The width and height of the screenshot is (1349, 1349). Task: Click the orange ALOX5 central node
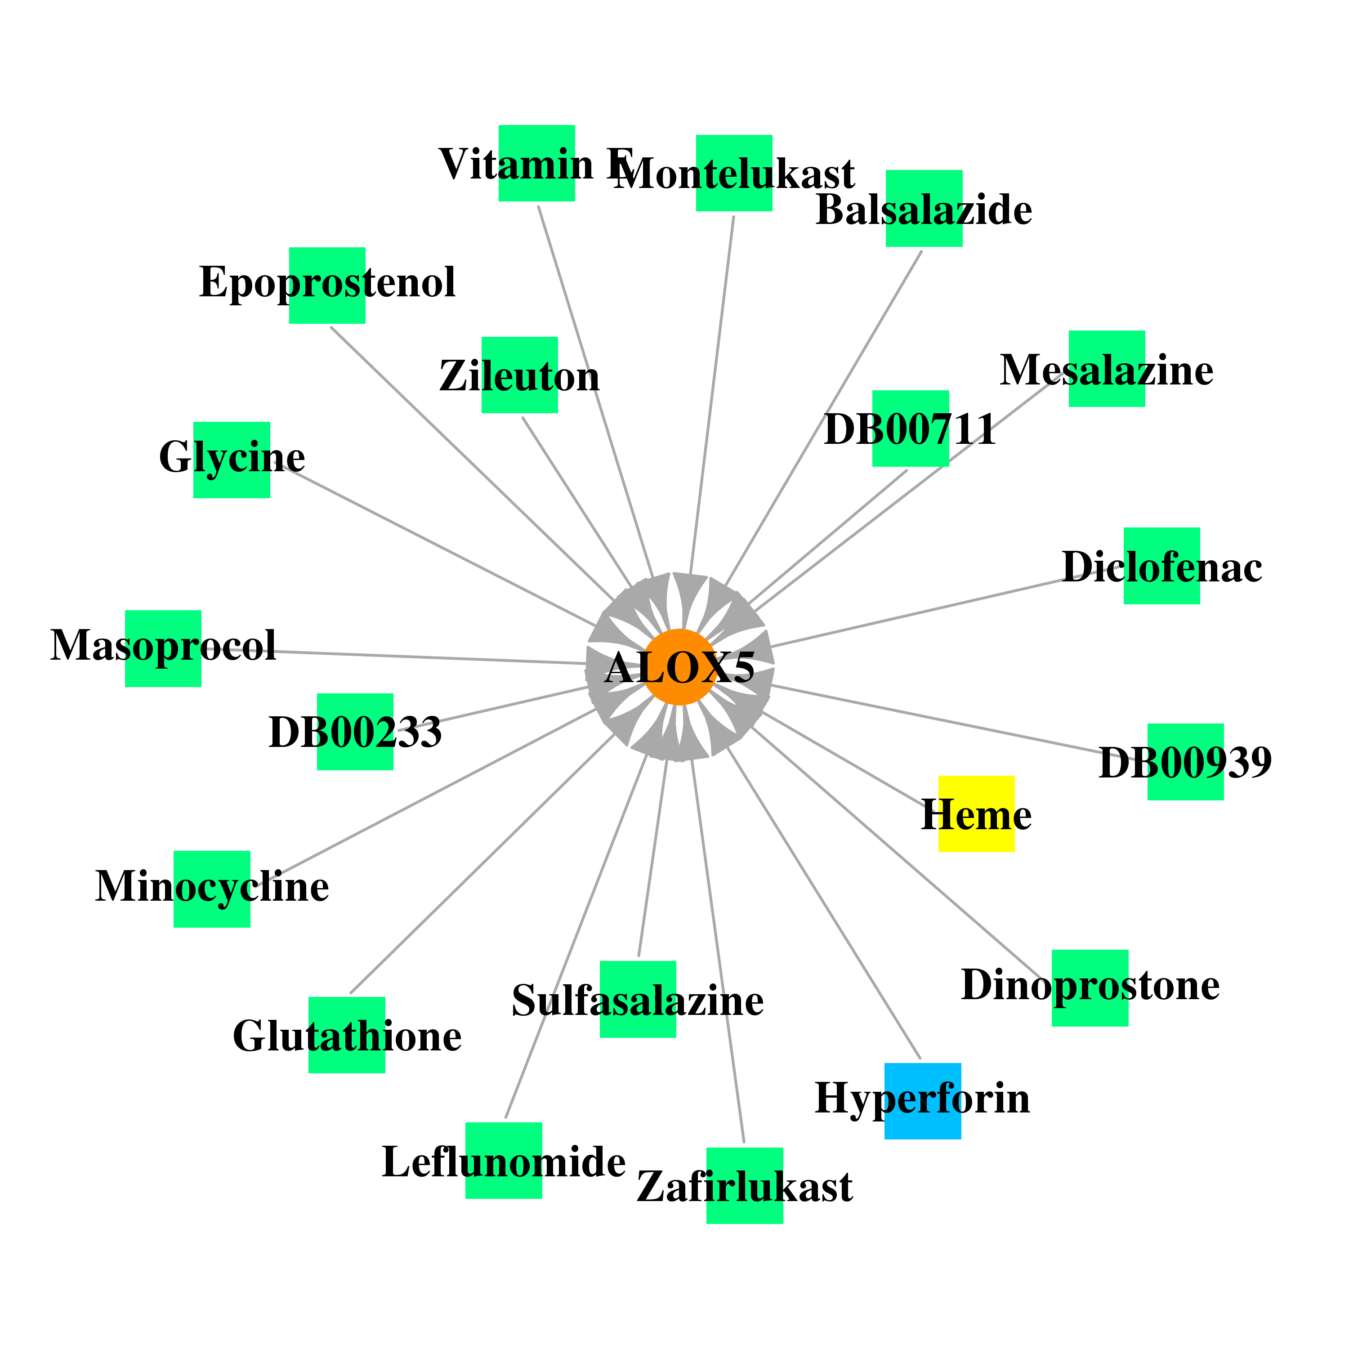(x=679, y=667)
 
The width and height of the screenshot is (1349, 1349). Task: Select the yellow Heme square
(x=976, y=813)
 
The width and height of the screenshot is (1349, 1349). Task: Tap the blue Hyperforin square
(x=922, y=1101)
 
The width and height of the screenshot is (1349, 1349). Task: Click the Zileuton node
(x=519, y=375)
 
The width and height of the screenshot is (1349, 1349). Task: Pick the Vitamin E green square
(x=536, y=163)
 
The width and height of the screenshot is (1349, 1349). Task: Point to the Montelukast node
(x=734, y=173)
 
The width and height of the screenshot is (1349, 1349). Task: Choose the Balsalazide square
(x=924, y=208)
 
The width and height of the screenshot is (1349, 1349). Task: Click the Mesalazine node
(x=1107, y=369)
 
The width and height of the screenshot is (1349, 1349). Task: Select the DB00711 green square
(x=911, y=428)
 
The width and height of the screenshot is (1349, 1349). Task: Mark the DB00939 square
(x=1186, y=762)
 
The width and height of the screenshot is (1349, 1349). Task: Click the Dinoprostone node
(x=1090, y=988)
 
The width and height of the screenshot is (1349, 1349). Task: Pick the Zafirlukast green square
(x=744, y=1186)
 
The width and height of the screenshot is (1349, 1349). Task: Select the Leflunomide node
(x=504, y=1161)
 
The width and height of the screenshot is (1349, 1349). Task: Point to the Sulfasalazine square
(x=638, y=999)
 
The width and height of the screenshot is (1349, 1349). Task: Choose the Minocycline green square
(x=211, y=889)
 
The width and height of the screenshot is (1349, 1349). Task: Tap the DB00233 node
(x=355, y=732)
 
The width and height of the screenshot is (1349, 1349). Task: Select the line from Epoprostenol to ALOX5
(x=472, y=463)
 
